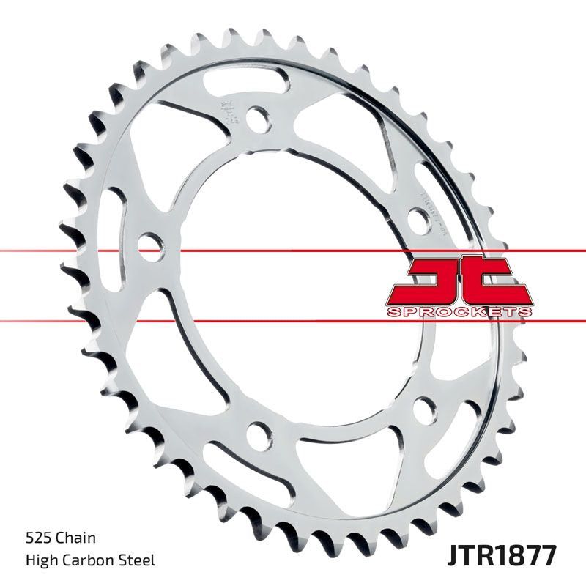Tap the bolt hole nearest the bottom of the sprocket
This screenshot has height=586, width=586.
258,434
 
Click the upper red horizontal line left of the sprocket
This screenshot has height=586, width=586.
44,251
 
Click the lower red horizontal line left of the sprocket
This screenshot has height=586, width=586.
44,320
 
